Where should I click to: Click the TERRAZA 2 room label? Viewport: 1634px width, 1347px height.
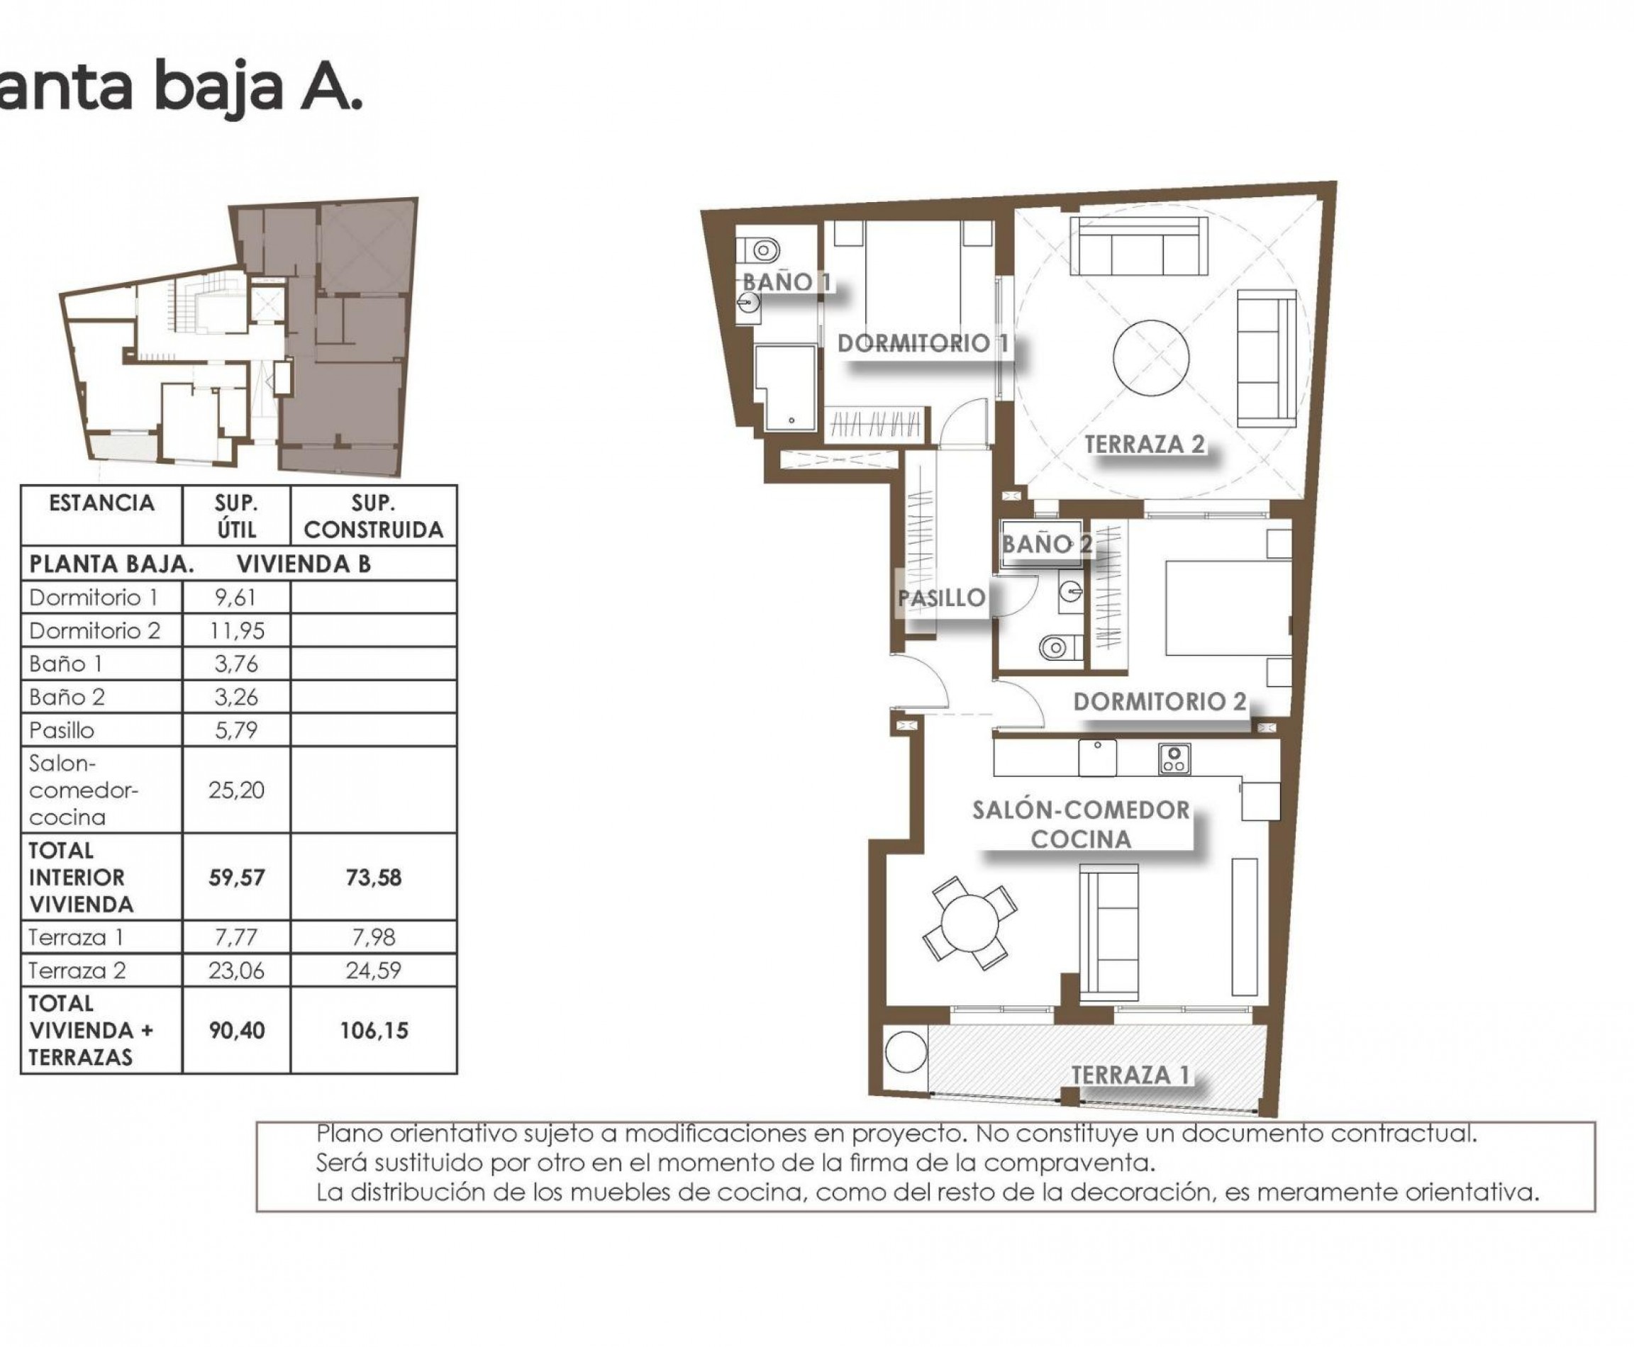click(x=1144, y=445)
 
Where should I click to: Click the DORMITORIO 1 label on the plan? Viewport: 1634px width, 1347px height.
click(x=923, y=343)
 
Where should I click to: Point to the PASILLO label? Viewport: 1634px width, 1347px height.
click(x=942, y=598)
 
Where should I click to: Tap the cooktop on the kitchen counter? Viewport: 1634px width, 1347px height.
click(x=1174, y=759)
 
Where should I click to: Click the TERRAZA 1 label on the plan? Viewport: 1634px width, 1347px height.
click(x=1130, y=1075)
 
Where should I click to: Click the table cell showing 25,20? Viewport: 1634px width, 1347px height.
click(x=236, y=790)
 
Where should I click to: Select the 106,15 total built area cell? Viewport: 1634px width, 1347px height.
click(x=372, y=1030)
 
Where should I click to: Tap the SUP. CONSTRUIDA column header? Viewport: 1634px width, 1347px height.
click(x=373, y=516)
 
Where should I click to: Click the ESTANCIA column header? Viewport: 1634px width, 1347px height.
click(x=101, y=503)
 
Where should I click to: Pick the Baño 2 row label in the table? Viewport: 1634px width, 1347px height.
click(x=67, y=697)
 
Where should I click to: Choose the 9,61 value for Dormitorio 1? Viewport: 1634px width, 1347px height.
click(x=236, y=598)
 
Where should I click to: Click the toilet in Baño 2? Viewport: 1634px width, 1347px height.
click(x=1058, y=647)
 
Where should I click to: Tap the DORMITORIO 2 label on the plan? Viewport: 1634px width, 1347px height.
click(x=1159, y=701)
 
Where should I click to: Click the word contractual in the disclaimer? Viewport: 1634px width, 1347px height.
click(x=1403, y=1134)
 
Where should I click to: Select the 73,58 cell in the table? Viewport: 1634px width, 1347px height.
click(x=372, y=878)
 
